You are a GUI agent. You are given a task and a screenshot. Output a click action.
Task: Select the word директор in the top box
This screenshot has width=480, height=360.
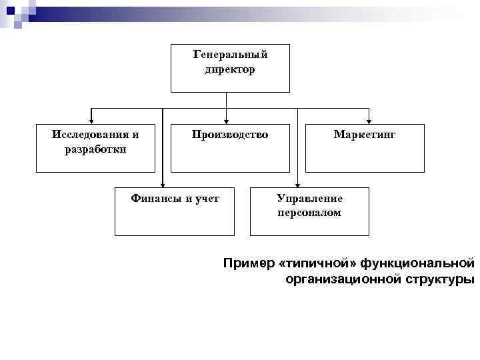click(230, 69)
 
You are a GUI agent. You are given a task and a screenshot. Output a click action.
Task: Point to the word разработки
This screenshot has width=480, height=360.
click(95, 149)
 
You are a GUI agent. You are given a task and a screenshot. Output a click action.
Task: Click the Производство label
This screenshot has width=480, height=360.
click(230, 135)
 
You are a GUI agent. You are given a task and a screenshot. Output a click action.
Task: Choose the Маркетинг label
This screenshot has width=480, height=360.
click(365, 135)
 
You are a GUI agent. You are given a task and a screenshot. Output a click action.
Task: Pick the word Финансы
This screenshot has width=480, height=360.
click(153, 198)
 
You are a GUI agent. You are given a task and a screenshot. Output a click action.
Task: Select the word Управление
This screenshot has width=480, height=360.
click(309, 199)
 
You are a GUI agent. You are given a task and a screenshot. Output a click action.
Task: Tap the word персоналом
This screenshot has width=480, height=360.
click(309, 213)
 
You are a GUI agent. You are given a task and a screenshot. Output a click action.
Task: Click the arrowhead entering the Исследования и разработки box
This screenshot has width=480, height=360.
click(91, 121)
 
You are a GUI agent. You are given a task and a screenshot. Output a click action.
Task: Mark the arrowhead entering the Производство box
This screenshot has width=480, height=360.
click(227, 121)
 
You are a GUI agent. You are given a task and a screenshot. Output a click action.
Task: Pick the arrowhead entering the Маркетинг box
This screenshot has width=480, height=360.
click(368, 121)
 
